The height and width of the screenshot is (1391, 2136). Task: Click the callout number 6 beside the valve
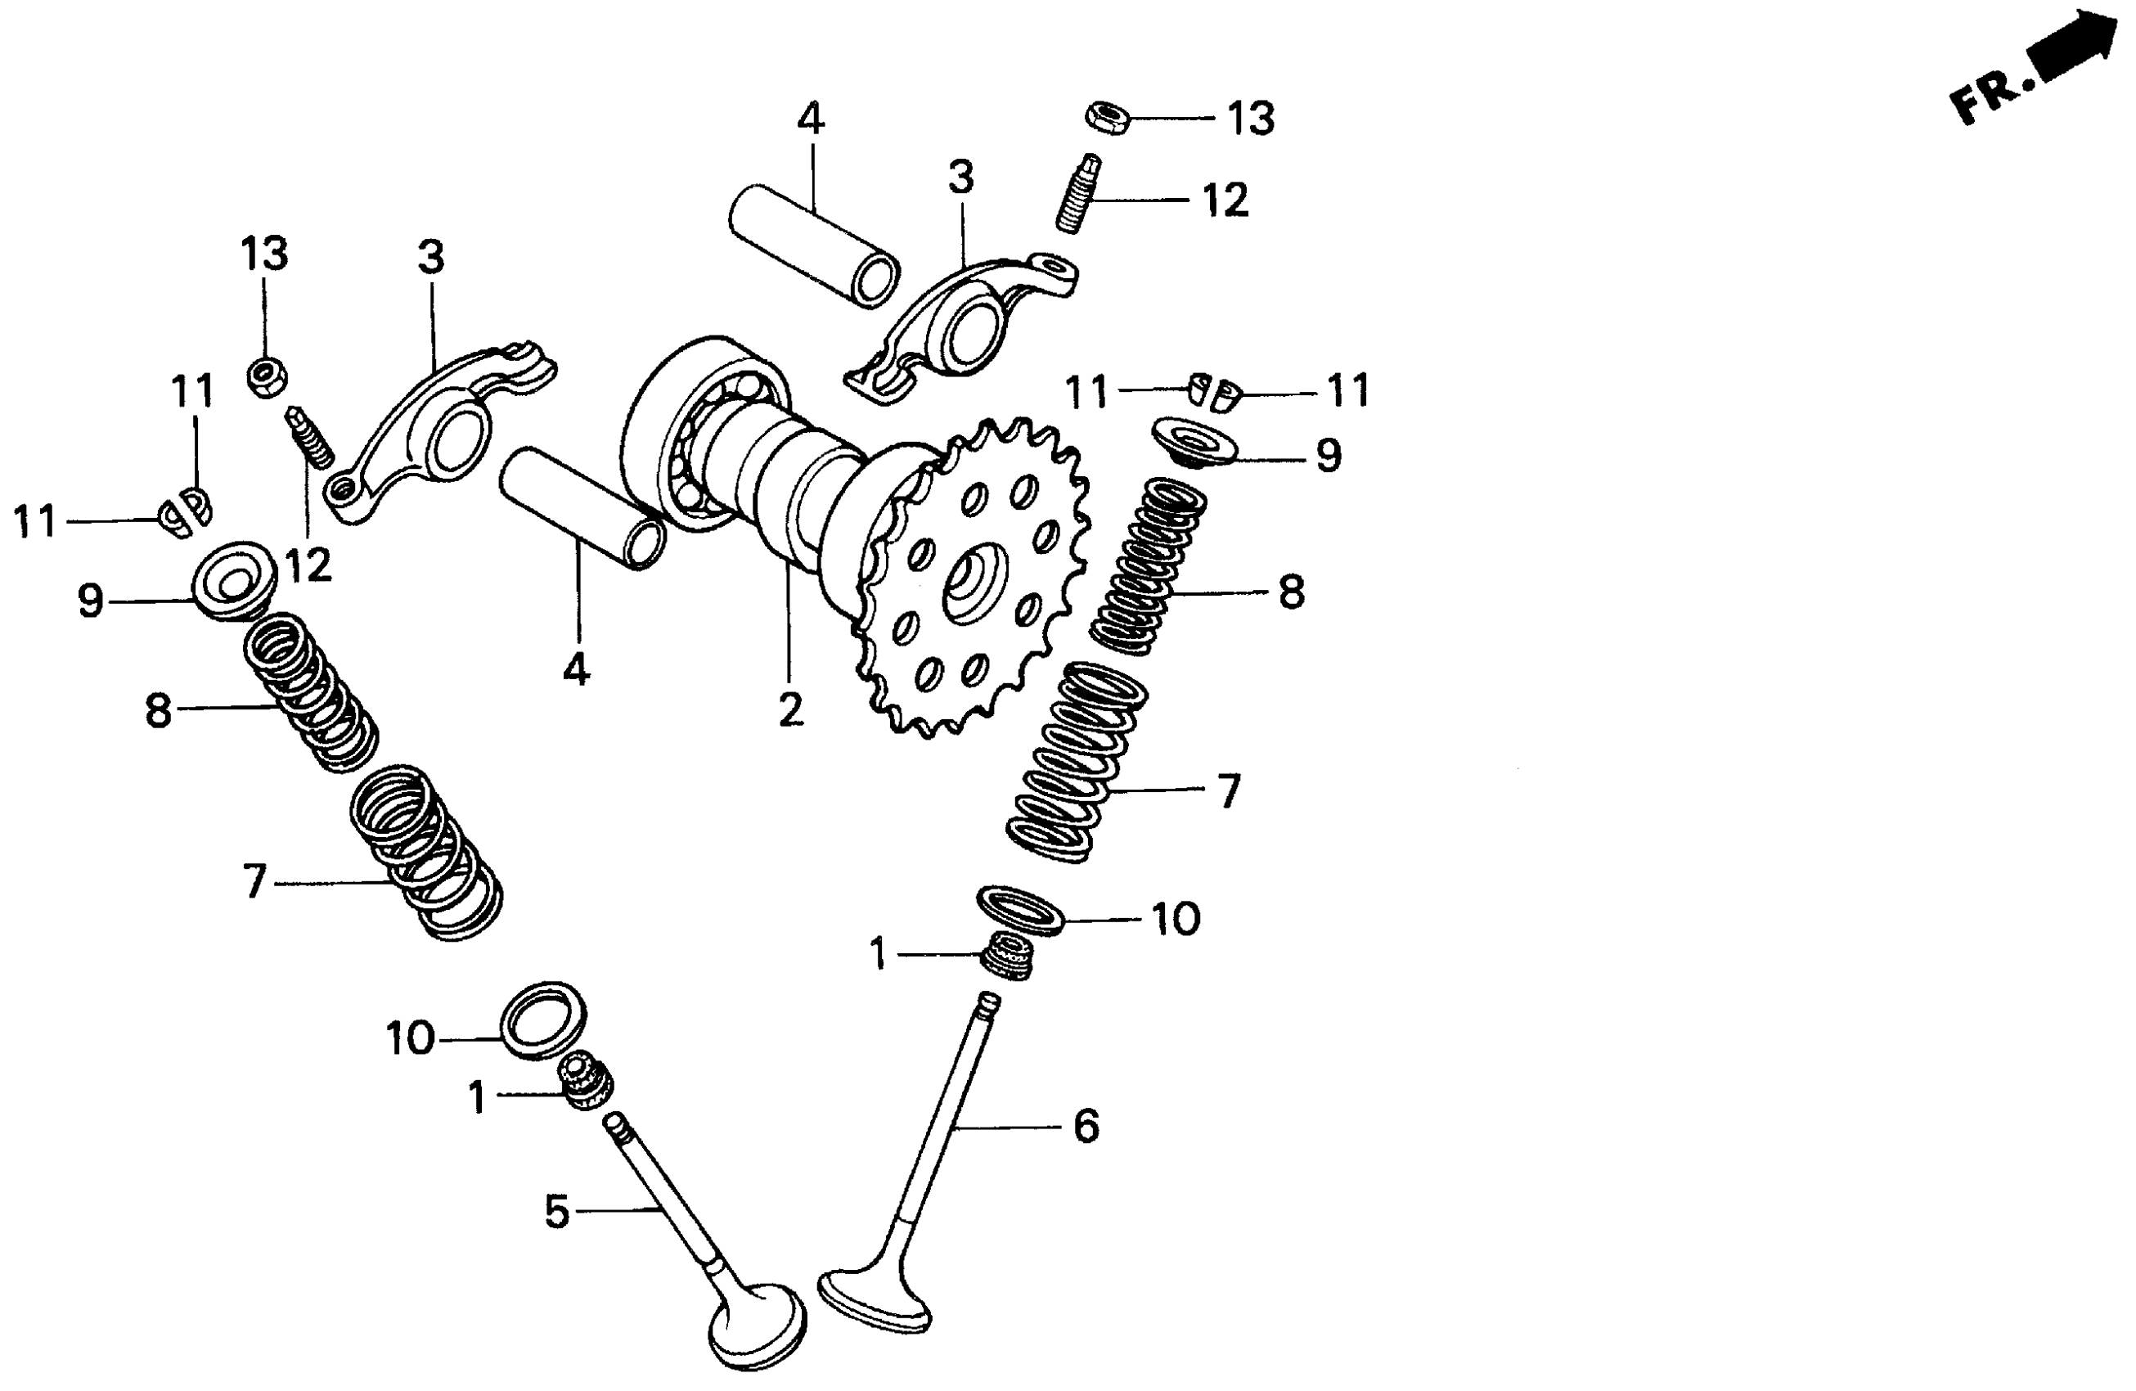pyautogui.click(x=1086, y=1126)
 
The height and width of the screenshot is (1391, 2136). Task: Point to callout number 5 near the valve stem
pyautogui.click(x=556, y=1212)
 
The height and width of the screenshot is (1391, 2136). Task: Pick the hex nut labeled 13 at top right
pyautogui.click(x=1108, y=118)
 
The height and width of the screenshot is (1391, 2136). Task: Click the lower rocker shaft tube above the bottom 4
pyautogui.click(x=583, y=507)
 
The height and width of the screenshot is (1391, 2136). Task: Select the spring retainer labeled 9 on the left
pyautogui.click(x=232, y=578)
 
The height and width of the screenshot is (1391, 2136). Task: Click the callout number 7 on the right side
pyautogui.click(x=1228, y=790)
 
